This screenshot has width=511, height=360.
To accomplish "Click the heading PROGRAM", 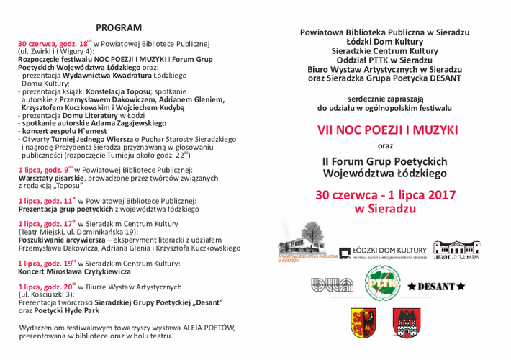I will pyautogui.click(x=119, y=27).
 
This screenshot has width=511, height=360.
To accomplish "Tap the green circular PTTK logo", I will pyautogui.click(x=382, y=283).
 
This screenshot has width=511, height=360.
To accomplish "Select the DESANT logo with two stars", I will pyautogui.click(x=436, y=287).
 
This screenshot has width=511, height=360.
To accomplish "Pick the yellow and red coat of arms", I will pyautogui.click(x=363, y=323).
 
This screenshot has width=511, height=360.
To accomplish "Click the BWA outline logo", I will pyautogui.click(x=332, y=285).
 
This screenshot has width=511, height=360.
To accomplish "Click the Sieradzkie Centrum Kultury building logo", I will pyautogui.click(x=456, y=250).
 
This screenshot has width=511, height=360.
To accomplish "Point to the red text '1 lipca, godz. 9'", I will pyautogui.click(x=44, y=170).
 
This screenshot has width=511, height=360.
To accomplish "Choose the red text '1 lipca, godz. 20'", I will pyautogui.click(x=46, y=287).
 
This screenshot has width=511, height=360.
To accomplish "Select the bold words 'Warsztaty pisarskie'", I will pyautogui.click(x=51, y=178).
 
